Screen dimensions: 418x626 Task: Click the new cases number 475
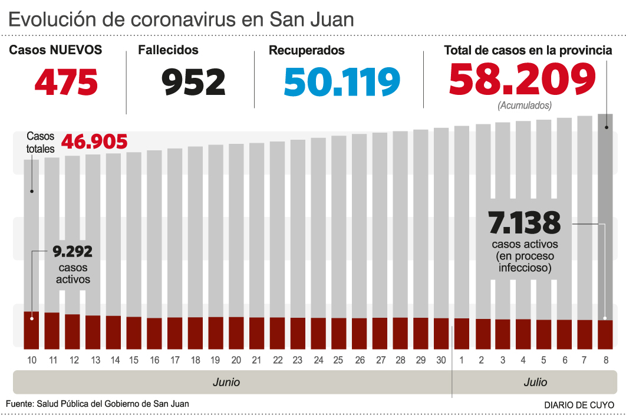(66, 82)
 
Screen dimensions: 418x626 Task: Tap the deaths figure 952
(194, 82)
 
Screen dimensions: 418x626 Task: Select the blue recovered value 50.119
(342, 82)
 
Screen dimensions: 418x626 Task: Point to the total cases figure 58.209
(522, 80)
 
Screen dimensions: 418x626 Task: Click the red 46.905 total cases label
(94, 142)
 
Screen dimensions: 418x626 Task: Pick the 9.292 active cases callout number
(73, 252)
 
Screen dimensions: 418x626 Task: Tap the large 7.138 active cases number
(525, 223)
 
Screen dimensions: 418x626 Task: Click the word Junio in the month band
(226, 382)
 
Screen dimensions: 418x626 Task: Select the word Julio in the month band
(535, 382)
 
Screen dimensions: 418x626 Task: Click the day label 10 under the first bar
(32, 360)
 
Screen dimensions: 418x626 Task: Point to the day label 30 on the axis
(441, 360)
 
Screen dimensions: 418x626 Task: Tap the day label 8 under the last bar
(606, 360)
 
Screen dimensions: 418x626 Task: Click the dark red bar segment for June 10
(32, 330)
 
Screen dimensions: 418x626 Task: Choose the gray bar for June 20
(236, 230)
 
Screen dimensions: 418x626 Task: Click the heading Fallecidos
(168, 51)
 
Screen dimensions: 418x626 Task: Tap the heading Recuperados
(307, 51)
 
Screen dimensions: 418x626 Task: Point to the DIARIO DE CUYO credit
(579, 405)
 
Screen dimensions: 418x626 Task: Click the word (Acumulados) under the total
(525, 106)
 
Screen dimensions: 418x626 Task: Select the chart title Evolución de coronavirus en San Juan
(181, 19)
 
